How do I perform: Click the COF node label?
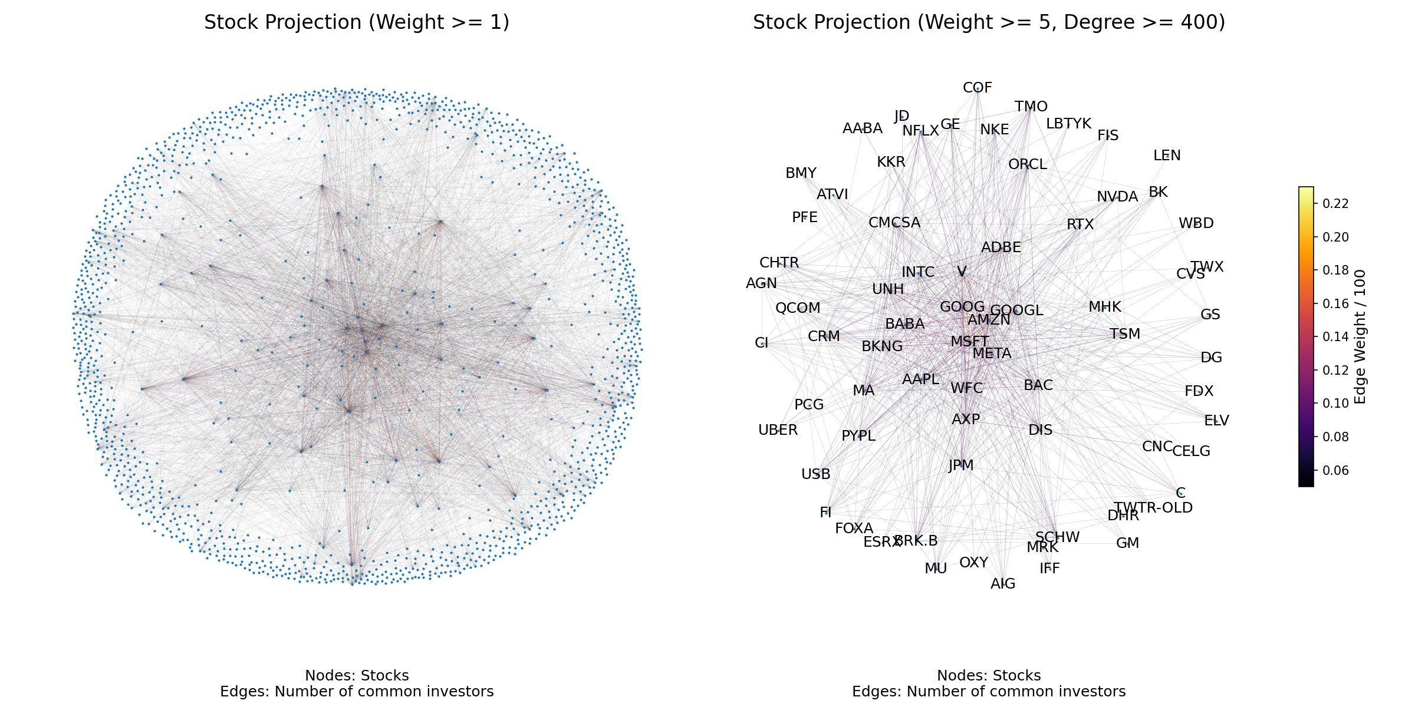point(978,88)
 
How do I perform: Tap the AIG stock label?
point(1003,584)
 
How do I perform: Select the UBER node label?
point(778,430)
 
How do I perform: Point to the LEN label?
point(1167,156)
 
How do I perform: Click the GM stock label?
point(1127,543)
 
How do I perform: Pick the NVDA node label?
point(1117,197)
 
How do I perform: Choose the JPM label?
point(961,465)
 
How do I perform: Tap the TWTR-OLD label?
point(1153,507)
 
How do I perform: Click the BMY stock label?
point(801,173)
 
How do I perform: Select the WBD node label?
point(1196,223)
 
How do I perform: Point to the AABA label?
point(862,128)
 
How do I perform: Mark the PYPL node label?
point(858,436)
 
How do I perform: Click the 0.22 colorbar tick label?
point(1335,204)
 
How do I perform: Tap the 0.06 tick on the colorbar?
point(1335,470)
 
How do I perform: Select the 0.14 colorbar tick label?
point(1335,337)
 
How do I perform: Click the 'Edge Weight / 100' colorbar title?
point(1360,337)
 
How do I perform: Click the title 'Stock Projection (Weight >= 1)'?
point(357,22)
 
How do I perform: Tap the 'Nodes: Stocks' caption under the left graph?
point(357,675)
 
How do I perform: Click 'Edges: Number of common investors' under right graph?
point(989,692)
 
